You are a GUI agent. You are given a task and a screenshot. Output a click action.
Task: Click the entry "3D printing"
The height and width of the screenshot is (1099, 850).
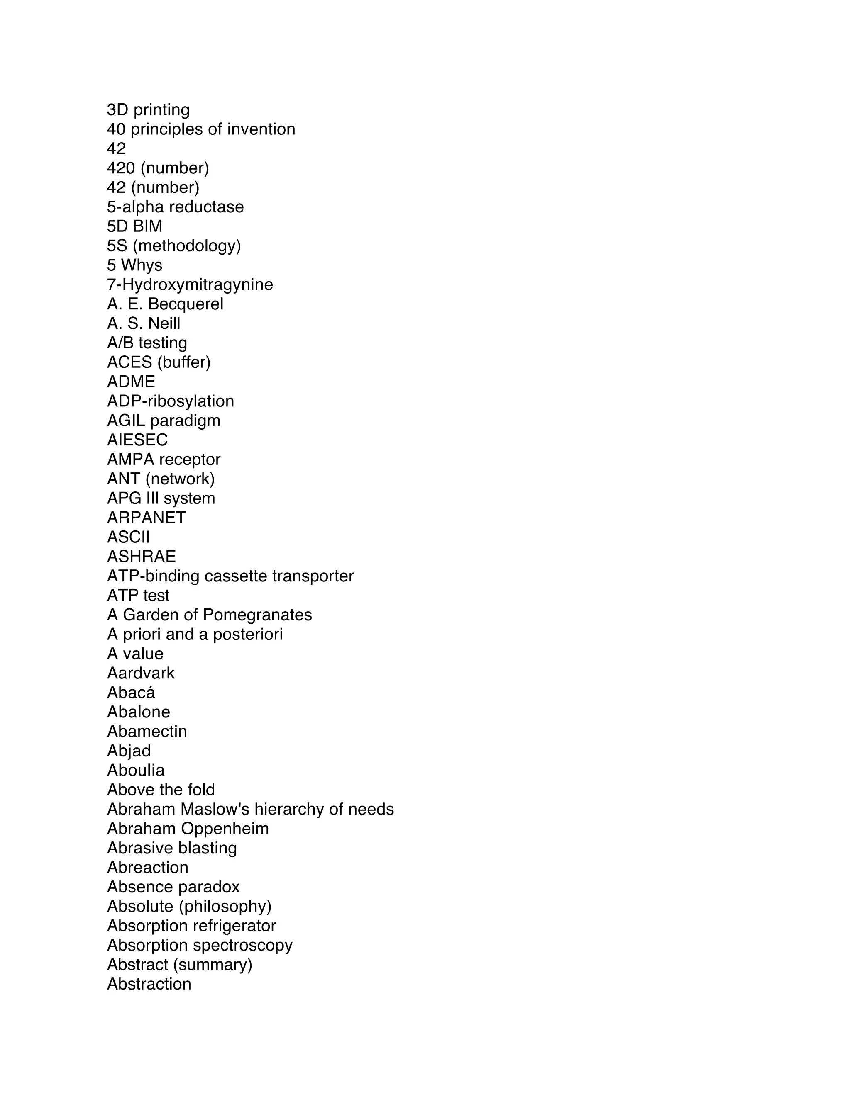coord(148,110)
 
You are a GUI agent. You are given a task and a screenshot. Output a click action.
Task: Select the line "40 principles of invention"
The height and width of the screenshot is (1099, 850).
coord(201,129)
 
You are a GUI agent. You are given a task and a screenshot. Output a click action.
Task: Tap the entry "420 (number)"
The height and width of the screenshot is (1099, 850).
coord(158,168)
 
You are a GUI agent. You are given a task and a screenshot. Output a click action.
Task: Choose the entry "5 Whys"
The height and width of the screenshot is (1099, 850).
coord(134,265)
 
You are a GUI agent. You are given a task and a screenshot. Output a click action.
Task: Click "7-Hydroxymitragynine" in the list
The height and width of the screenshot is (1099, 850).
coord(190,285)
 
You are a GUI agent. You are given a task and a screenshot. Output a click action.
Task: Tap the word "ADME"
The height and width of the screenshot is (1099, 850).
coord(131,382)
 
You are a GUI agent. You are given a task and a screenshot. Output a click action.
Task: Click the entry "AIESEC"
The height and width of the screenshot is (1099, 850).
coord(137,440)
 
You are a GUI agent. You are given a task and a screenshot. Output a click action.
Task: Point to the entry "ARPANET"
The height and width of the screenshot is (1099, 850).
coord(146,518)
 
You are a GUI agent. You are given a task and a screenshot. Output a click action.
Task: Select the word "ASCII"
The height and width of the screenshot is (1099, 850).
coord(128,537)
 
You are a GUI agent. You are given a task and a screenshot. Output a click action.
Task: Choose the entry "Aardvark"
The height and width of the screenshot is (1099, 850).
coord(141,673)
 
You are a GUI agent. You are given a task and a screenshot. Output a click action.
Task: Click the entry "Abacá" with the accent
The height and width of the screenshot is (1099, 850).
coord(131,693)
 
